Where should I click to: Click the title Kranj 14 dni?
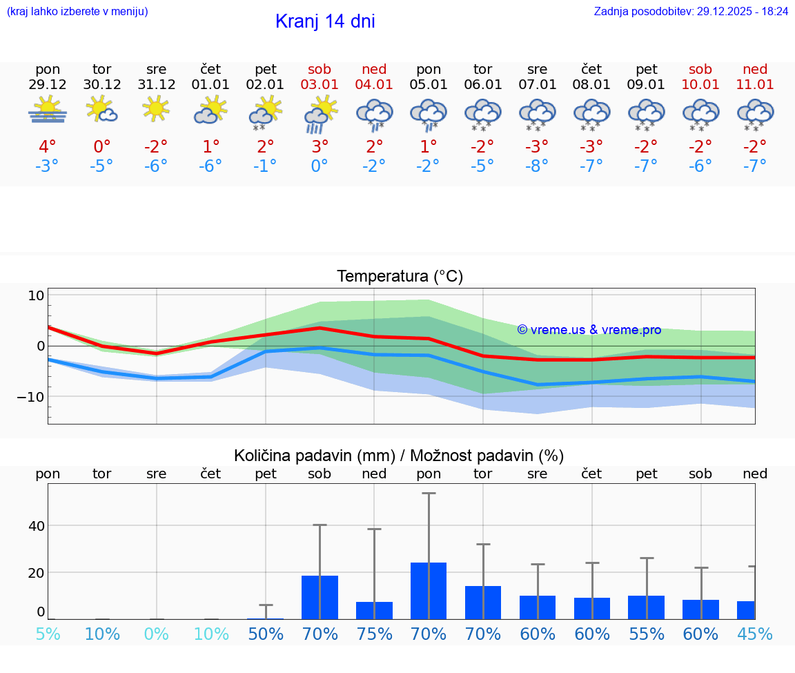point(325,21)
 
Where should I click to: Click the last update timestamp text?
point(691,12)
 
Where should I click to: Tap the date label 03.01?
point(320,85)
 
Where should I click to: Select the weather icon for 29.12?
point(48,110)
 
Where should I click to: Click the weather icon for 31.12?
point(156,108)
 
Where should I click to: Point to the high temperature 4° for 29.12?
point(48,146)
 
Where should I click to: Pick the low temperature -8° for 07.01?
point(537,166)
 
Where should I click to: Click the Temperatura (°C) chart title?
point(400,277)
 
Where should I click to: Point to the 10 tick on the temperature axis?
point(36,295)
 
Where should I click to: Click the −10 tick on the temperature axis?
point(31,397)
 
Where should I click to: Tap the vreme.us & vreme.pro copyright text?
point(589,330)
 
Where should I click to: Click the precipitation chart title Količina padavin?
point(399,456)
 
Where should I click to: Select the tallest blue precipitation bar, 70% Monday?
point(429,591)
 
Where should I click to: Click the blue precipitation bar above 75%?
point(374,610)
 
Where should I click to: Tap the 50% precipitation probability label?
point(266,634)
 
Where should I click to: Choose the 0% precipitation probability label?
point(157,634)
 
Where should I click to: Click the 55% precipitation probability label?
point(647,634)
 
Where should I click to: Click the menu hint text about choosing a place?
point(77,12)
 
